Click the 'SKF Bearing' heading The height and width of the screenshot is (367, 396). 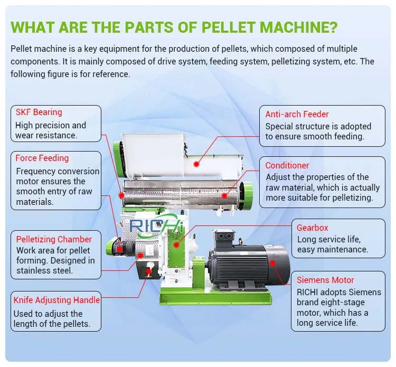pos(39,112)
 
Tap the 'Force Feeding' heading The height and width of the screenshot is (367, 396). pos(42,158)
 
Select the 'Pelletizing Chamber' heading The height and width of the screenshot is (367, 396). pos(54,239)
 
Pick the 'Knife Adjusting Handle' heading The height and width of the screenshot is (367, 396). pos(56,300)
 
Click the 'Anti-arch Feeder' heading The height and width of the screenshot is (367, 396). pos(297,114)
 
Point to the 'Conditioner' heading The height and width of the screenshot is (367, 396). pos(287,165)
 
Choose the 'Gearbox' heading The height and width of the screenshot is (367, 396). pos(313,228)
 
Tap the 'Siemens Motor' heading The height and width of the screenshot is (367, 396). pos(325,280)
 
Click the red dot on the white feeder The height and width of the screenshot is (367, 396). pos(196,164)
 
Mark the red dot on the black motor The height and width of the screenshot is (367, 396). pos(272,263)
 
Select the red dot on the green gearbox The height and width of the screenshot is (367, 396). pos(176,244)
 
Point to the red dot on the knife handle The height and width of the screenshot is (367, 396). pos(149,271)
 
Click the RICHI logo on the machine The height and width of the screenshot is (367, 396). pos(156,225)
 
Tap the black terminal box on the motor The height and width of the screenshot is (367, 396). pos(223,238)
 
